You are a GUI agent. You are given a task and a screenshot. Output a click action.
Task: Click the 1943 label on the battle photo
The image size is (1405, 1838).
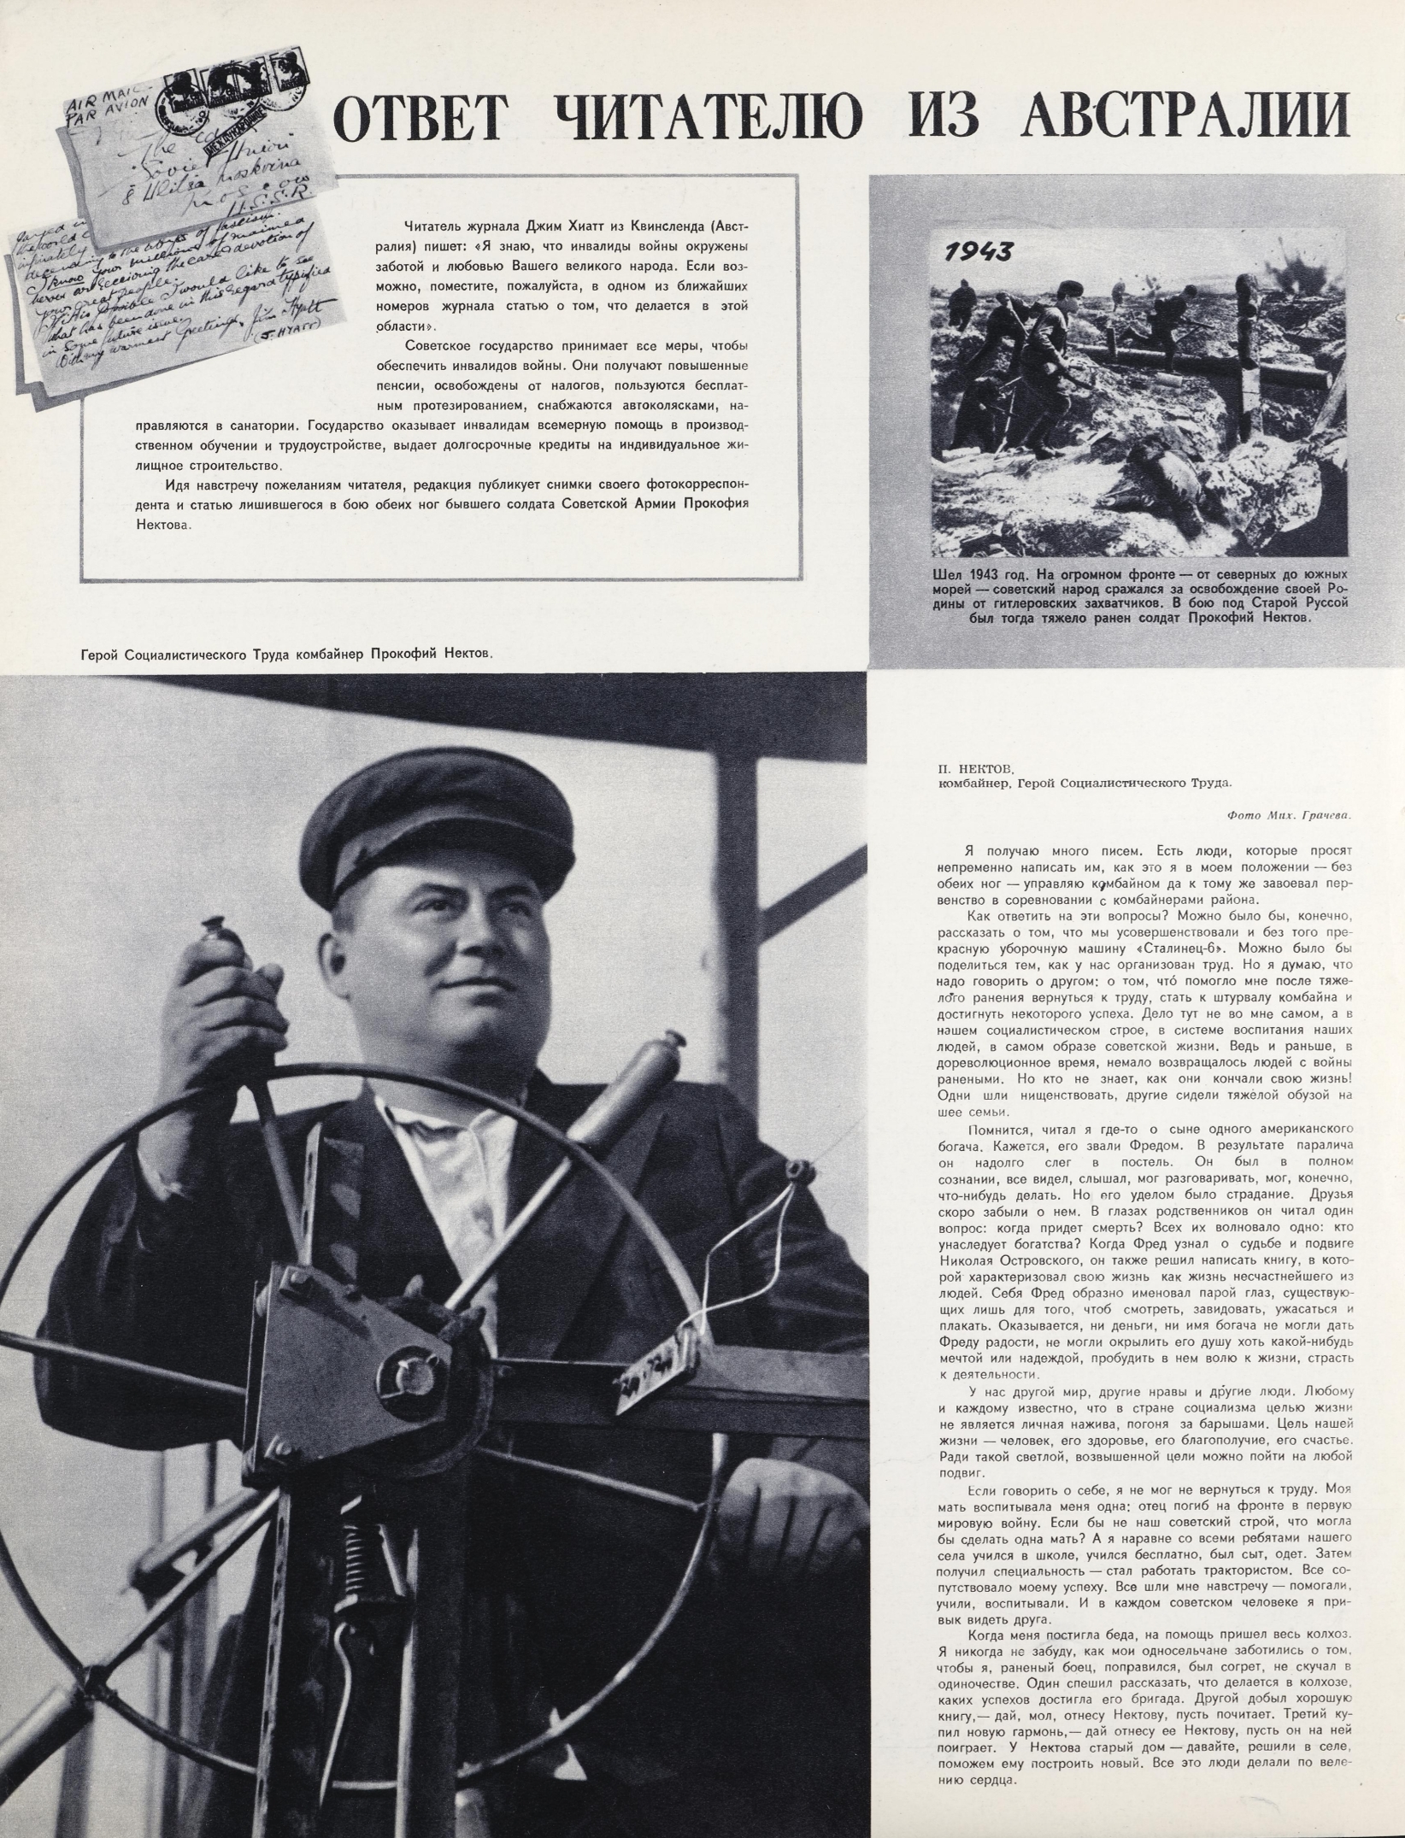click(x=979, y=251)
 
